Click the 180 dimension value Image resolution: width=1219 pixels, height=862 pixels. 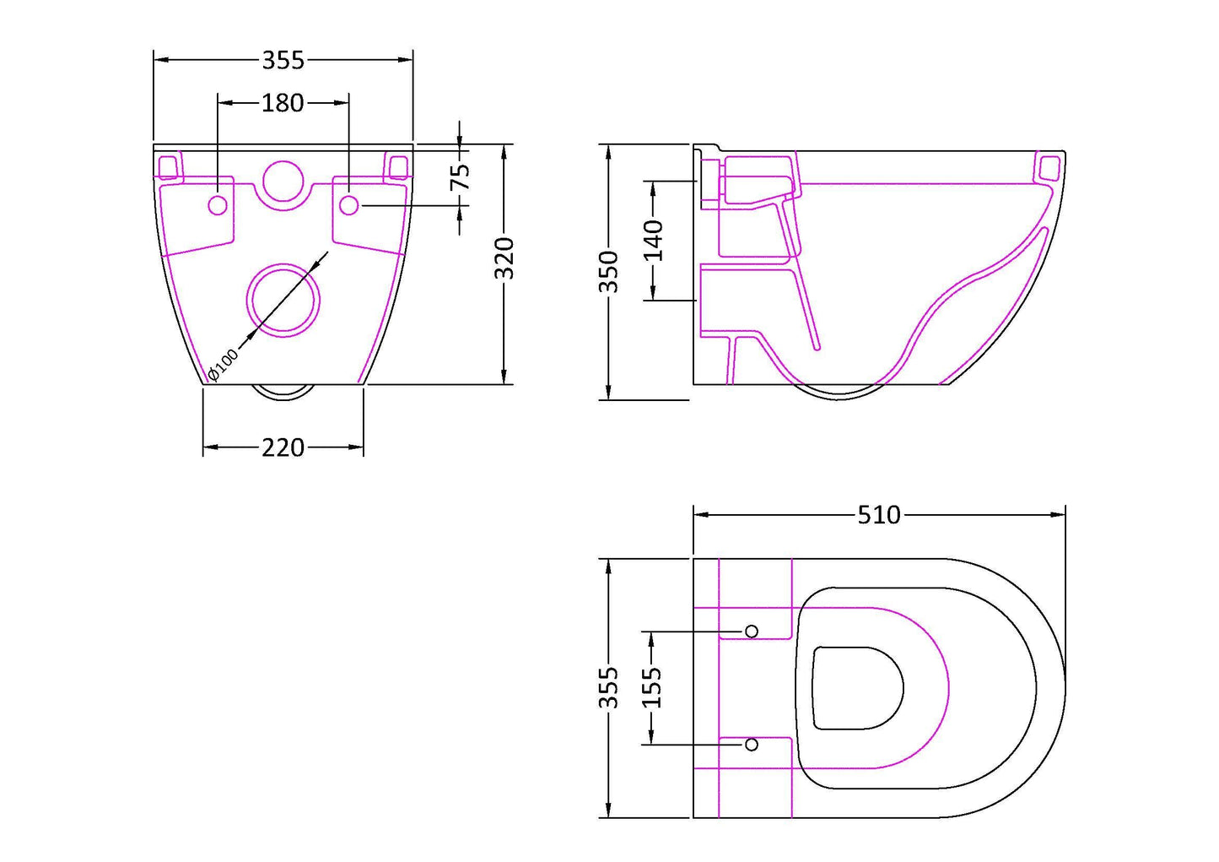283,103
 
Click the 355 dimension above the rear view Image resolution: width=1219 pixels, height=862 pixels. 283,61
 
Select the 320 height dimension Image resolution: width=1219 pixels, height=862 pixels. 504,258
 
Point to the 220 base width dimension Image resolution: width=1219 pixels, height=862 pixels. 283,447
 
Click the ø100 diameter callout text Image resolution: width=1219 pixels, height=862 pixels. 224,364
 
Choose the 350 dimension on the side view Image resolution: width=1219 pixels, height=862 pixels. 608,271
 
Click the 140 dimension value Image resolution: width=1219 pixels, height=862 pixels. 653,240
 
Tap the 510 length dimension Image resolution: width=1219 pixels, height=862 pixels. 879,514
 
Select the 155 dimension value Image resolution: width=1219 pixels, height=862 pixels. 651,687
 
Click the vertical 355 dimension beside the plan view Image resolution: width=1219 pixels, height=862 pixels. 608,687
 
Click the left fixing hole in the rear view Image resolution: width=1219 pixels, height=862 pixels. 218,205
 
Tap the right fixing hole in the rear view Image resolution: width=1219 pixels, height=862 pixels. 348,205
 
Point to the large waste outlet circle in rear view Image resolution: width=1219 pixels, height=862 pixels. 283,300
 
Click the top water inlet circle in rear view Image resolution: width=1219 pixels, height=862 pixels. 283,181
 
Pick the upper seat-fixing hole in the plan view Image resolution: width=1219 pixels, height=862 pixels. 751,632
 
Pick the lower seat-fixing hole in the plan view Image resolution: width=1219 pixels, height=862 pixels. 751,745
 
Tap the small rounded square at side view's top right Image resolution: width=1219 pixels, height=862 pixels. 1049,167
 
